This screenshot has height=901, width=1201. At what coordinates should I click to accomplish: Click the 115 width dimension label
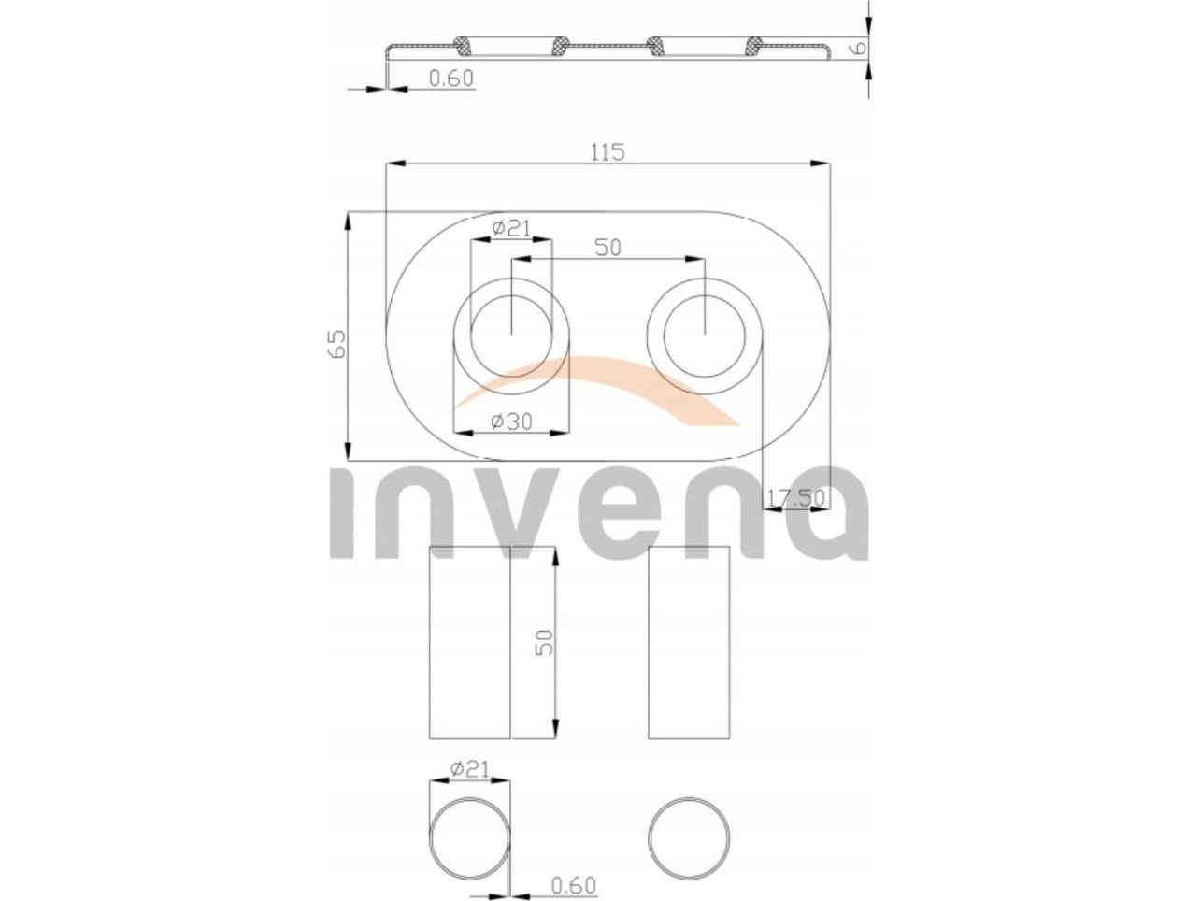pos(608,152)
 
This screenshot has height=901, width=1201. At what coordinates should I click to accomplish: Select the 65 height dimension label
pos(338,343)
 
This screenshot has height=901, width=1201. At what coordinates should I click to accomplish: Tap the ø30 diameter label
pos(511,422)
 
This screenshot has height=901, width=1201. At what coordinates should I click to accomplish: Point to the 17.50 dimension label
pos(795,498)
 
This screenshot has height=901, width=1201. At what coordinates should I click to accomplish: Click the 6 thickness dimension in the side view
pos(860,48)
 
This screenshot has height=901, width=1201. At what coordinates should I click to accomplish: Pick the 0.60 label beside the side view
pos(450,79)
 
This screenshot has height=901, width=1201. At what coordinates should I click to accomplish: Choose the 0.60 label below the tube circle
pos(573,885)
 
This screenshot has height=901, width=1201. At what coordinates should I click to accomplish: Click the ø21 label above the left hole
pos(511,228)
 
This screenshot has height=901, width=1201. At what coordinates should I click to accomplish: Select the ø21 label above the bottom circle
pos(469,769)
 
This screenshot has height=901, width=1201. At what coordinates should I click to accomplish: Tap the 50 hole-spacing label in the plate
pos(608,248)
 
